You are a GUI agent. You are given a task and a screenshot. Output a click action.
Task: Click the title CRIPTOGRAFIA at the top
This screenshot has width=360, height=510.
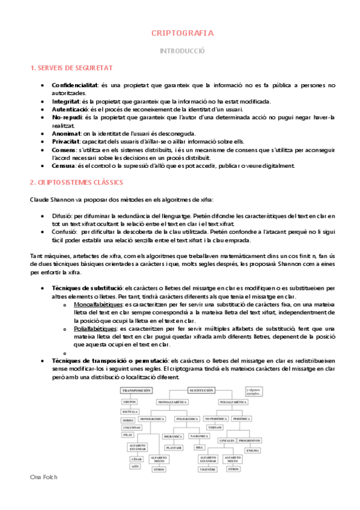coord(182,33)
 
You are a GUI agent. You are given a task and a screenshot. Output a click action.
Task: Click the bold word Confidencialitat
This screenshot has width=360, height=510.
coord(75,85)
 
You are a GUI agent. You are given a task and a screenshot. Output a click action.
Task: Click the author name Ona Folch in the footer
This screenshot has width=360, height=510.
coord(43,493)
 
